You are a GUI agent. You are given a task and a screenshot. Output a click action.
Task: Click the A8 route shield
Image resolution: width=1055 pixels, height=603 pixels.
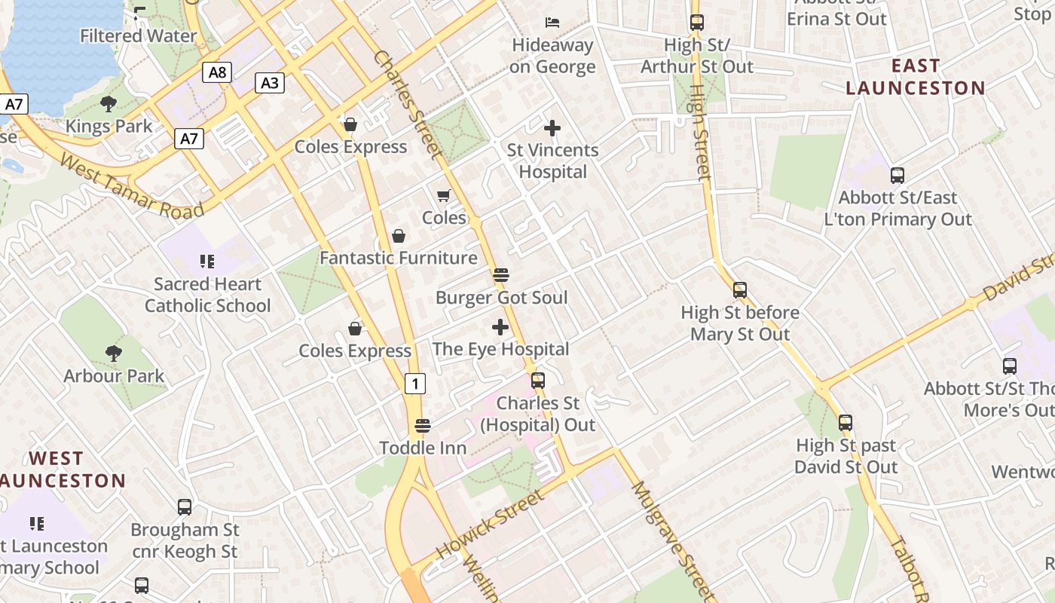(216, 72)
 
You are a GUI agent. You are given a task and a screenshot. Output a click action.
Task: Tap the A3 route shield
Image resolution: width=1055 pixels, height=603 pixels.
(270, 83)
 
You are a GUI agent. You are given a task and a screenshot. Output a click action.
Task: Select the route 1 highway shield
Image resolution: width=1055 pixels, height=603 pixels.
(414, 384)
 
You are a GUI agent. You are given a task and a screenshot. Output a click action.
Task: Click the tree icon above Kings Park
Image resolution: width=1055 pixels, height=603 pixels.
(109, 104)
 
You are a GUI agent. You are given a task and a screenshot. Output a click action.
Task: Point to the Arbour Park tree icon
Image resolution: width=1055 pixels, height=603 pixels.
(114, 353)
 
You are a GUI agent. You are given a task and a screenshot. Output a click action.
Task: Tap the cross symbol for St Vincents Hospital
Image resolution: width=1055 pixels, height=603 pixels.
(552, 128)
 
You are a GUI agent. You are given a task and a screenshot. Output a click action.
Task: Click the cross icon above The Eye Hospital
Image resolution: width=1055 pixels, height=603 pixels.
(500, 327)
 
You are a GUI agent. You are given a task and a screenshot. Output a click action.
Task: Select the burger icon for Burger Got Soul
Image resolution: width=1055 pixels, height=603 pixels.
(501, 275)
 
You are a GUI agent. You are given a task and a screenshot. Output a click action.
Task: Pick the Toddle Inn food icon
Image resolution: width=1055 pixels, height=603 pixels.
(423, 426)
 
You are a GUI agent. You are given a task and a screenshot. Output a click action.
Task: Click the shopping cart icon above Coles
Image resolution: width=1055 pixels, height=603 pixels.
(444, 196)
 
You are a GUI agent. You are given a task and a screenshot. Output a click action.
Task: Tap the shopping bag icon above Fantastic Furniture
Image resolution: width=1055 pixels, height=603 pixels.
(399, 236)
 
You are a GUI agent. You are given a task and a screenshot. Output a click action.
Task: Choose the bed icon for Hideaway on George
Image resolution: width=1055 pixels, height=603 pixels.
(552, 23)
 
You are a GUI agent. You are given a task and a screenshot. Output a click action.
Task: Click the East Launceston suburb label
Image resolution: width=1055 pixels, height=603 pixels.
(915, 77)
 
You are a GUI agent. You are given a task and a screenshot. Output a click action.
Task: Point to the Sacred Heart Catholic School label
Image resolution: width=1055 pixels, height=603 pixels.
(207, 295)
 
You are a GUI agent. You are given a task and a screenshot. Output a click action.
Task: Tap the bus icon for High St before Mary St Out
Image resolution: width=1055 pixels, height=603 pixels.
(740, 290)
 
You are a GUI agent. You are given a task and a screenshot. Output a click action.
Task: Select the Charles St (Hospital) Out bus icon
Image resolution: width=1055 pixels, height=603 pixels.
(538, 381)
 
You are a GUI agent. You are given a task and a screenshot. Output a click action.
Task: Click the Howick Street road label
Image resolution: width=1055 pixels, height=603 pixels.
(489, 525)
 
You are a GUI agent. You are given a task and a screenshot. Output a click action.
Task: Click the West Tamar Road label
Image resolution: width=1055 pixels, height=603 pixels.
(132, 185)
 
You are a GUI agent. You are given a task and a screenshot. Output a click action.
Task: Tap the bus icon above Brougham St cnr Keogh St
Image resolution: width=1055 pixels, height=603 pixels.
(185, 507)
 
